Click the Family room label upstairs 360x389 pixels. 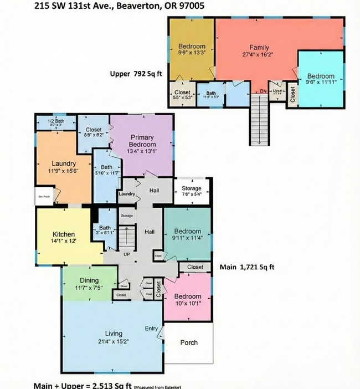point(259,48)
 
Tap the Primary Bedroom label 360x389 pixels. point(142,141)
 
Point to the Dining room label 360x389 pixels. point(89,280)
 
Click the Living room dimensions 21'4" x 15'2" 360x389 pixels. point(114,341)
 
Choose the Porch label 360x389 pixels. point(189,342)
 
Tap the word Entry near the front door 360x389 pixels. point(151,329)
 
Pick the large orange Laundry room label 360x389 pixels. point(63,163)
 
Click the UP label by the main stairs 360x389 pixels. point(126,254)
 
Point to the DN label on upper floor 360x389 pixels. point(263,91)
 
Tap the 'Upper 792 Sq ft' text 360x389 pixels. point(135,73)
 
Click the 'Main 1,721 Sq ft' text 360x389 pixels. point(247,267)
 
